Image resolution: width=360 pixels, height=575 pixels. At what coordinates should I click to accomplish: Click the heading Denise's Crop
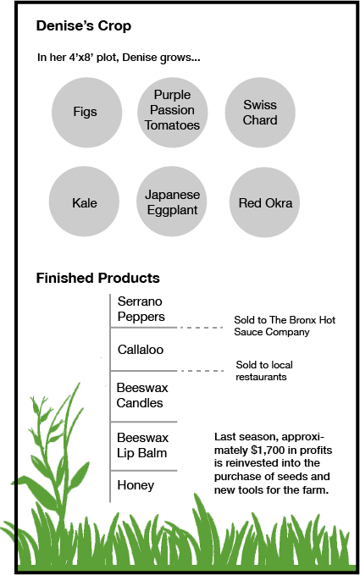coord(84,26)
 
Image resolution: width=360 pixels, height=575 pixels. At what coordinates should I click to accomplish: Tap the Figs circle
coord(86,113)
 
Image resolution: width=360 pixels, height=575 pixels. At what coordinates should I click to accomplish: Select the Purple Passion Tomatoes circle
coord(173,113)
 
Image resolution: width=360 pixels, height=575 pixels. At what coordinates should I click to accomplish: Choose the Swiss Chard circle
coord(260,113)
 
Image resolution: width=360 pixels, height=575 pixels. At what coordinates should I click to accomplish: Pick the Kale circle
coord(84,202)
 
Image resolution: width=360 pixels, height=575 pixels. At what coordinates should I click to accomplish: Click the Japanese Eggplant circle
coord(172,202)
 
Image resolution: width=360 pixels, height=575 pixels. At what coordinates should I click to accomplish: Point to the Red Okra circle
coord(264,202)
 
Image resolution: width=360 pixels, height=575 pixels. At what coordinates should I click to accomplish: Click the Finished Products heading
coord(98,278)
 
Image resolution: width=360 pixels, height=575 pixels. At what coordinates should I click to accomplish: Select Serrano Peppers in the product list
coord(141,309)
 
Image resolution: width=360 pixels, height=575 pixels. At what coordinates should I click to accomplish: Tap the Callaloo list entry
coord(141,350)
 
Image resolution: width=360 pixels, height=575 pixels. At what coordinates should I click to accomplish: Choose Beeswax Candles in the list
coord(142,395)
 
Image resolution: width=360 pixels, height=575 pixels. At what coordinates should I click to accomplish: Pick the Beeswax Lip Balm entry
coord(142,445)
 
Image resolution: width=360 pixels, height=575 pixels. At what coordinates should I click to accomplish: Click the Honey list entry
coord(136,485)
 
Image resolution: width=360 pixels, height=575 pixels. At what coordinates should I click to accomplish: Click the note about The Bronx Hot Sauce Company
coord(285,326)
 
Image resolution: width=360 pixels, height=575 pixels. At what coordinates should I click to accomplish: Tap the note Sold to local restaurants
coord(264,371)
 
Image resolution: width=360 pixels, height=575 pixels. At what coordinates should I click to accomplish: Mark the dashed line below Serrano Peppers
coord(201,328)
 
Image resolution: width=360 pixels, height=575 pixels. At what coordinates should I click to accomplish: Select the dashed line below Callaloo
coord(201,371)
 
